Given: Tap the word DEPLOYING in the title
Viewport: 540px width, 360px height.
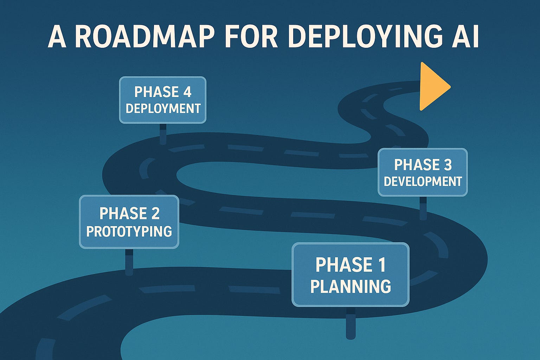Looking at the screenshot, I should click(364, 36).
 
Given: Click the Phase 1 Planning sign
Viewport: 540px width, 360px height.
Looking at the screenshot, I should click(351, 274).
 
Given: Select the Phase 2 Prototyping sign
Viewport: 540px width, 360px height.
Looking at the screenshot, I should click(129, 222).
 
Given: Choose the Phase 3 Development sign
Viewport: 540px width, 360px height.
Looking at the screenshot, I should click(423, 172).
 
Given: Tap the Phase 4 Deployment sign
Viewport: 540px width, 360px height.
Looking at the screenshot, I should click(162, 100).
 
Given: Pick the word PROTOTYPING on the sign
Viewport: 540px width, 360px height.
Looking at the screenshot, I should click(129, 232).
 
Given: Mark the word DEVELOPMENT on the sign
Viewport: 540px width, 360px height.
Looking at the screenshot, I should click(423, 182).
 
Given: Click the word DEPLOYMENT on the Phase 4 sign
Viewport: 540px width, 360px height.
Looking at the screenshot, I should click(163, 109).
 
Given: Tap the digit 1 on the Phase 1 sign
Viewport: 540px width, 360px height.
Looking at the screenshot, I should click(382, 265).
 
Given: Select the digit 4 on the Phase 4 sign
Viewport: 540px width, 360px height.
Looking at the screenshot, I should click(187, 92).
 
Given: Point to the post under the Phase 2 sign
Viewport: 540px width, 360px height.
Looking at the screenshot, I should click(129, 262).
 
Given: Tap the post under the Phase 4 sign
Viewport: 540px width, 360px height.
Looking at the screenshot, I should click(163, 134).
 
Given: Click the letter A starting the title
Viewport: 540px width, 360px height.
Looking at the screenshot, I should click(57, 36).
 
